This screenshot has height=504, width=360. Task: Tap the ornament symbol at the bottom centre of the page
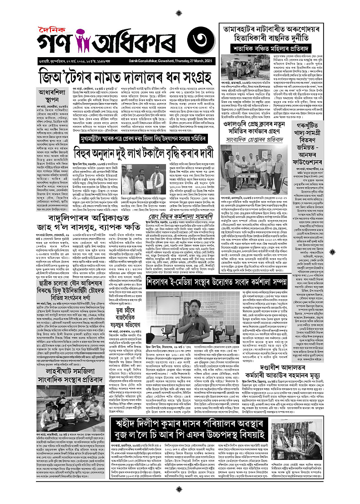click(180, 498)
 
